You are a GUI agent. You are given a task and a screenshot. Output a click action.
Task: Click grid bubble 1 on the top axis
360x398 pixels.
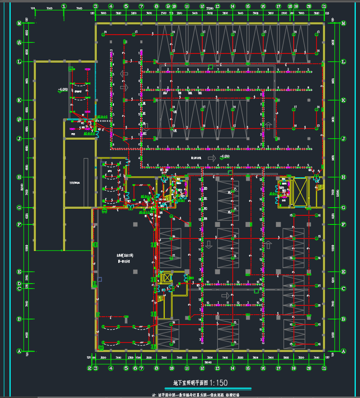click(x=64, y=6)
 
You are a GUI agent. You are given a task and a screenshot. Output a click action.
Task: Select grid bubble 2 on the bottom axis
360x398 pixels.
click(x=89, y=368)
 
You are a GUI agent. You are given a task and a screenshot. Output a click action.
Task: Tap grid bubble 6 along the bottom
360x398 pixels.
click(x=135, y=368)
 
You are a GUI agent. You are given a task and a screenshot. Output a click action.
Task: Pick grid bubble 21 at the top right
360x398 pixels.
click(x=324, y=6)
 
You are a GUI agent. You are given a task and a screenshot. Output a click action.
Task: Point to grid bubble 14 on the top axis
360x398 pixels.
click(x=233, y=6)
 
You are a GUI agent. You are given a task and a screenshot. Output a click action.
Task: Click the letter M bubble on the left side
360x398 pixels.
click(x=19, y=24)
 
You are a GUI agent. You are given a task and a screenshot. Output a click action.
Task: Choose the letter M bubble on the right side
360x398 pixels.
click(x=343, y=24)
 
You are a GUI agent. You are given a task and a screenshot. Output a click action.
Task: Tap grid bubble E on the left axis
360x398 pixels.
click(x=19, y=272)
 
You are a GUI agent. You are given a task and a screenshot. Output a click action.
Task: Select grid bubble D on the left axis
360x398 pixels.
click(x=19, y=284)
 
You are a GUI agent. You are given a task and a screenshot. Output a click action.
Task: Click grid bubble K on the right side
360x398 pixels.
click(x=343, y=100)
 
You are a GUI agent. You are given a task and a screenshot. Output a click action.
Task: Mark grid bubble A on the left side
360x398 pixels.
click(x=19, y=351)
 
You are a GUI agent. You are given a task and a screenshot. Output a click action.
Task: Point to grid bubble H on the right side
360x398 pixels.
click(x=343, y=177)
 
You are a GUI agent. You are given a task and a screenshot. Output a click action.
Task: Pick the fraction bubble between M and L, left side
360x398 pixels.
click(x=19, y=43)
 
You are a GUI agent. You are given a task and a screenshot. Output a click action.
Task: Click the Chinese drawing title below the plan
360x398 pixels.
click(x=190, y=383)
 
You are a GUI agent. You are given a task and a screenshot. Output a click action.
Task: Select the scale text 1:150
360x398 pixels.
click(x=217, y=383)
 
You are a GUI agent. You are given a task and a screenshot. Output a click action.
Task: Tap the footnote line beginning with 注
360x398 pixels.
click(x=195, y=395)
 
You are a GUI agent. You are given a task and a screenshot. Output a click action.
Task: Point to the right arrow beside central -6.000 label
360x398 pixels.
click(x=212, y=158)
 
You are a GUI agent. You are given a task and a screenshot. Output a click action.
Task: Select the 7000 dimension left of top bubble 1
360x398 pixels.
click(x=49, y=9)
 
